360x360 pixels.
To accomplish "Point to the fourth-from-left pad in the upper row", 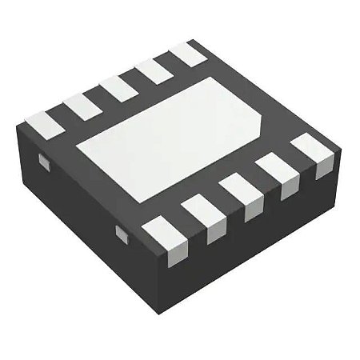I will tap(152, 70).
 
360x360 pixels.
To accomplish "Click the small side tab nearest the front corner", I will tap(122, 233).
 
